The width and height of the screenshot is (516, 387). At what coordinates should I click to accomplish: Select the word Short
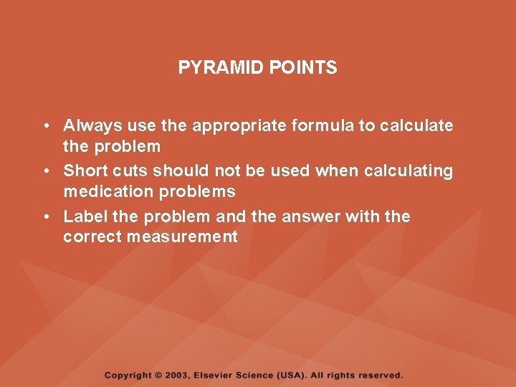[84, 171]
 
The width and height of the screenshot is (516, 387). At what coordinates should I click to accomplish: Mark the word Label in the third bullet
[84, 216]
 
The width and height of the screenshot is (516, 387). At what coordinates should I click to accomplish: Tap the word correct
[92, 236]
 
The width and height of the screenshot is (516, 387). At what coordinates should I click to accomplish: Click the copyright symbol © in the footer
[158, 375]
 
